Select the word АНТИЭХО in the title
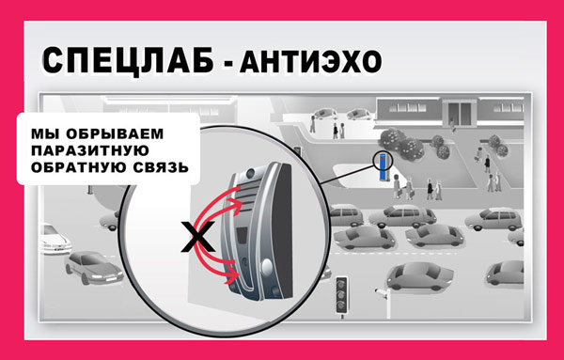pos(311,63)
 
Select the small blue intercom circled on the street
pos(383,164)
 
